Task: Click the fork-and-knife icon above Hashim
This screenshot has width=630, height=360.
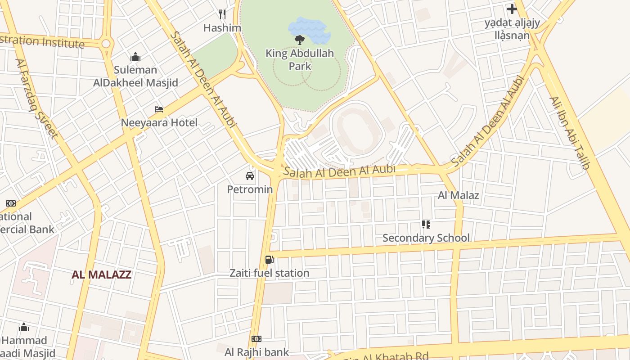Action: pos(222,14)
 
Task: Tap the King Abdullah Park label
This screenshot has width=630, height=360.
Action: pos(300,60)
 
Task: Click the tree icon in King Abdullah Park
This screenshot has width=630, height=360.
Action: pos(299,40)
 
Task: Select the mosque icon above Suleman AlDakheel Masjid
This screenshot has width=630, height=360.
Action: pos(135,57)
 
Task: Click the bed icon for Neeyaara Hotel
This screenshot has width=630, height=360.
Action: pos(159,109)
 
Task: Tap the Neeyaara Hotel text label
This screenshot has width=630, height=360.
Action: pos(159,122)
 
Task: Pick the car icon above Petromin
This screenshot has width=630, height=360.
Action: pos(250,176)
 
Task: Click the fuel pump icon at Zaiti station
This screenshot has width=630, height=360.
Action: pos(269,259)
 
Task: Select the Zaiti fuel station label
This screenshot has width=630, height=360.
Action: pos(269,273)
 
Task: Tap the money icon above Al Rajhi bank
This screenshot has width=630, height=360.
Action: pos(256,338)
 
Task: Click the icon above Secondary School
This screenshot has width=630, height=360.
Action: pos(426,224)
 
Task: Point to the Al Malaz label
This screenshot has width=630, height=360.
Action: pos(458,195)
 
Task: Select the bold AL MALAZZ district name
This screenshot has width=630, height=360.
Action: pos(101,274)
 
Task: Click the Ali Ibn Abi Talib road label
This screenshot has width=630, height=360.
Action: pos(569,133)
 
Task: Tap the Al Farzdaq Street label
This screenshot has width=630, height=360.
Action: pos(37,99)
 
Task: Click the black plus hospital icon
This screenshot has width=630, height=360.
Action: pos(512,9)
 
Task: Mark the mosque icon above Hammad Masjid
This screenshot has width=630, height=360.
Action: pos(24,327)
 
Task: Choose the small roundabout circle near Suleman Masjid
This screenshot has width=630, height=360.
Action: pos(106,44)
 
